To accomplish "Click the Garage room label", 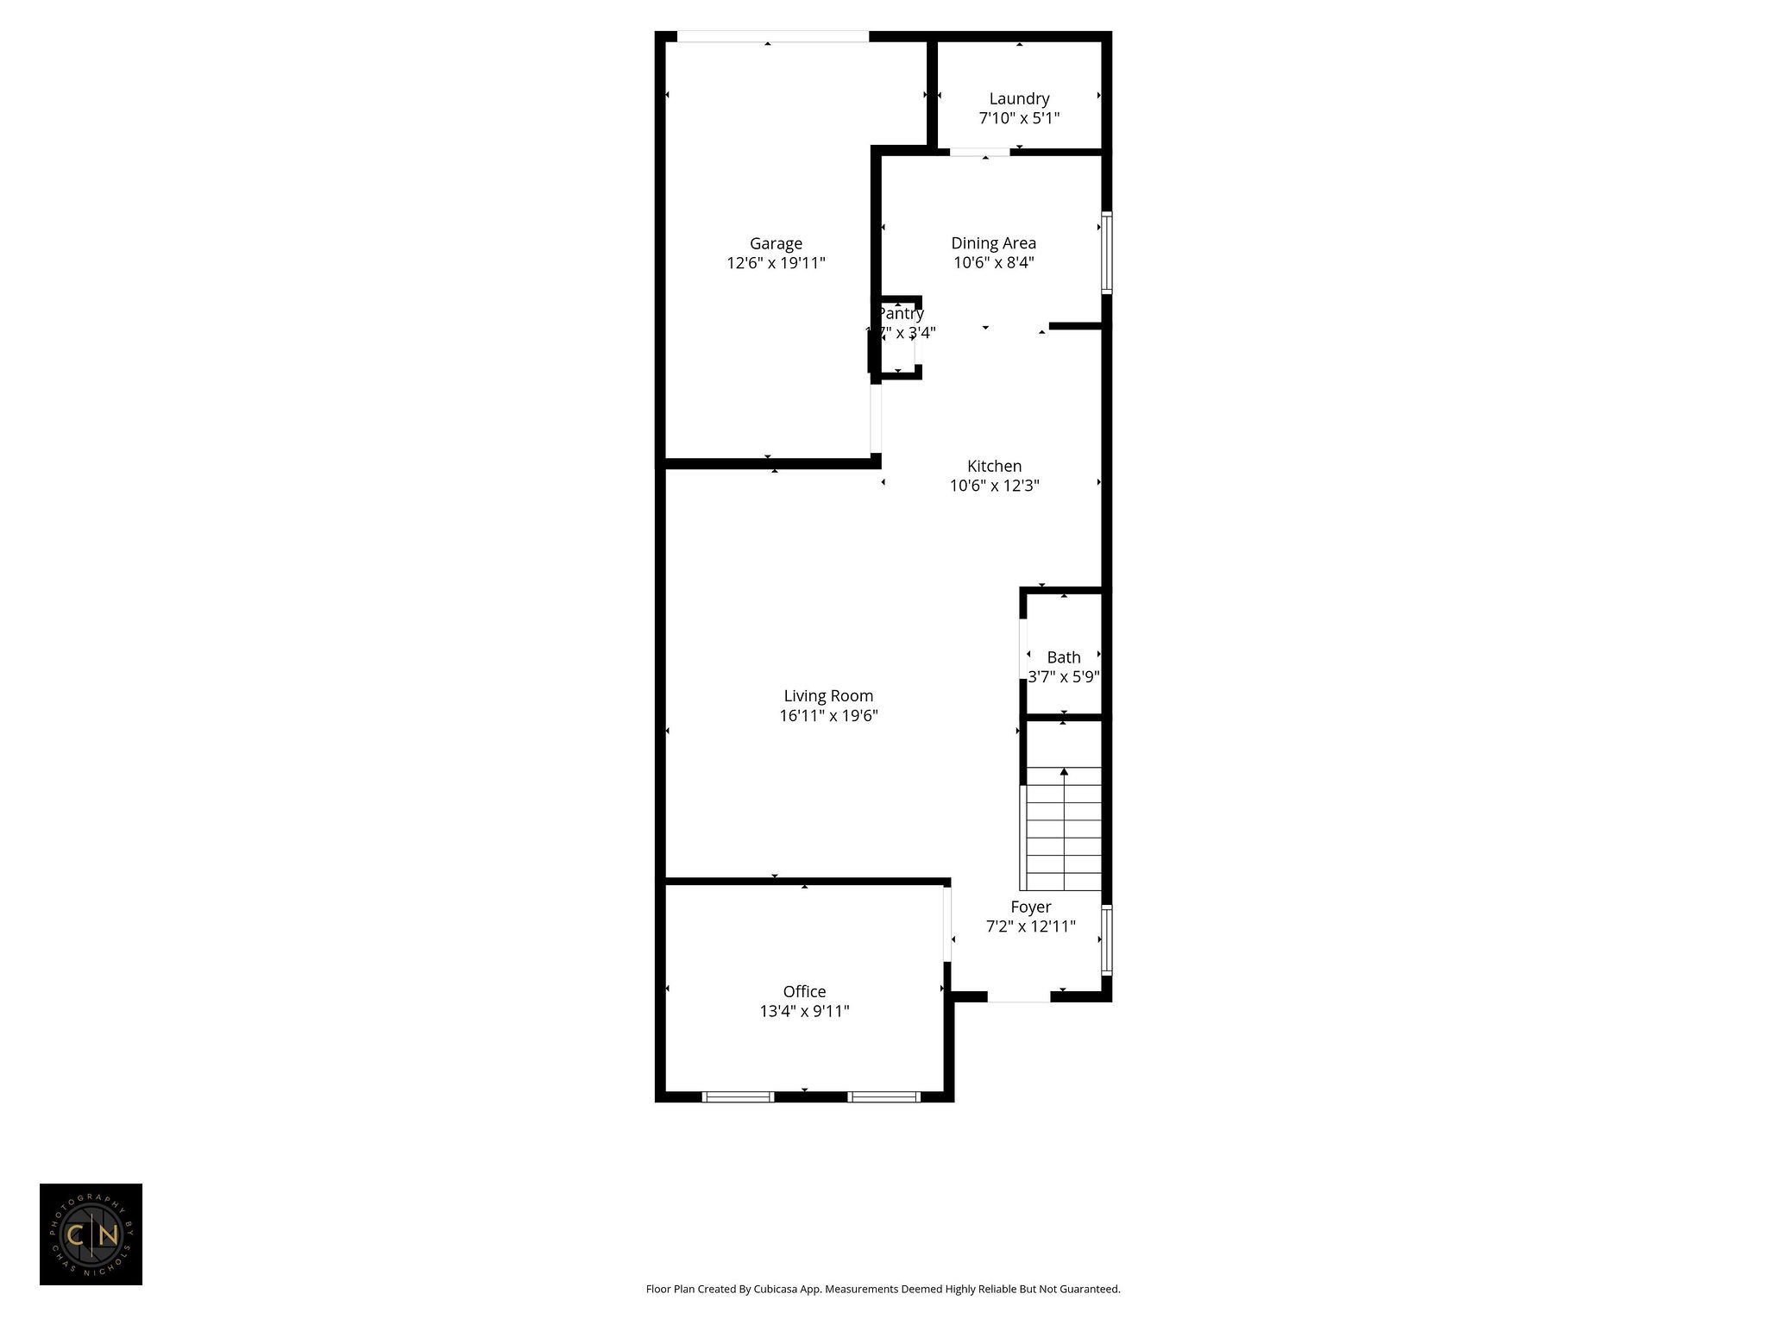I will (x=776, y=244).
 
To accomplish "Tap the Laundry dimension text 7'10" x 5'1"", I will (x=1019, y=118).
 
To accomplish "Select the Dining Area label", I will (x=993, y=243).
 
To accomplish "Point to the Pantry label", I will (x=901, y=314).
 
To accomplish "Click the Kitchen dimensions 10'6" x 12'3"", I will (x=994, y=486).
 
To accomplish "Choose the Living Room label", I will (x=828, y=695).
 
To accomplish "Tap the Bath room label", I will (x=1063, y=657).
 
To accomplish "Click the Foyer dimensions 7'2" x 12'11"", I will (x=1030, y=926).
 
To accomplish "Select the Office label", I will (x=804, y=991).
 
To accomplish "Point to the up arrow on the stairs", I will (x=1064, y=773).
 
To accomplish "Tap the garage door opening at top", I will (x=772, y=36).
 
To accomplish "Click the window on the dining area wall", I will (x=1106, y=253).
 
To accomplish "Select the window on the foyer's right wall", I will (x=1106, y=939).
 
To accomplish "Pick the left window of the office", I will (x=738, y=1097).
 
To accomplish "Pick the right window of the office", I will (x=883, y=1097).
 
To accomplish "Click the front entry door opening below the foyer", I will (x=1018, y=997).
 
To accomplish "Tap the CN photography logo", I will (x=91, y=1234).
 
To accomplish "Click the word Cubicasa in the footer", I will (x=773, y=1289).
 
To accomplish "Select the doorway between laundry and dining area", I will (x=979, y=153).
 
